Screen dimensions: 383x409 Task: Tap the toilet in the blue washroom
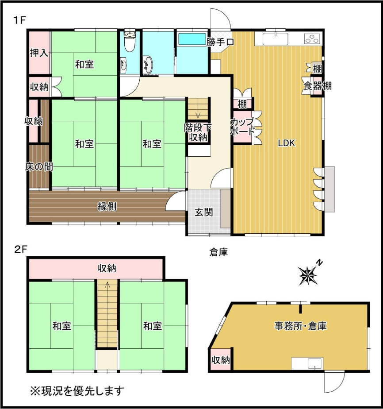130,42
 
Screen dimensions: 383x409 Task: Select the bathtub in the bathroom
191,39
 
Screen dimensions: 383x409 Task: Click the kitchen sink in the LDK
276,39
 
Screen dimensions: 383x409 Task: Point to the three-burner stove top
312,39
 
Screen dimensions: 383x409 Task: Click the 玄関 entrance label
204,212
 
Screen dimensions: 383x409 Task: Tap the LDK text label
286,143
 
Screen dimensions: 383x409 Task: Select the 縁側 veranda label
107,207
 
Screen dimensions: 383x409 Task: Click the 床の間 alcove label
39,166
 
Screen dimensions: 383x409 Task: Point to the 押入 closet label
39,53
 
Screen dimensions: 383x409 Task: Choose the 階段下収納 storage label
198,132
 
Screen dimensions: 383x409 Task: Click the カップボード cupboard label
242,127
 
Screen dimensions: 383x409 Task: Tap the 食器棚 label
318,85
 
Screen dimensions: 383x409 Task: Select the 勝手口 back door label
220,42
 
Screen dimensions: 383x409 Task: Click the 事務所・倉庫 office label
300,326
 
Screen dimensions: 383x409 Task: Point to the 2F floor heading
21,250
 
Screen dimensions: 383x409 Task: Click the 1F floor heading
19,20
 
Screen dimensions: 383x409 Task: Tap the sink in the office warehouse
315,363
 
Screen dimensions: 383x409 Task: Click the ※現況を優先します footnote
77,390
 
